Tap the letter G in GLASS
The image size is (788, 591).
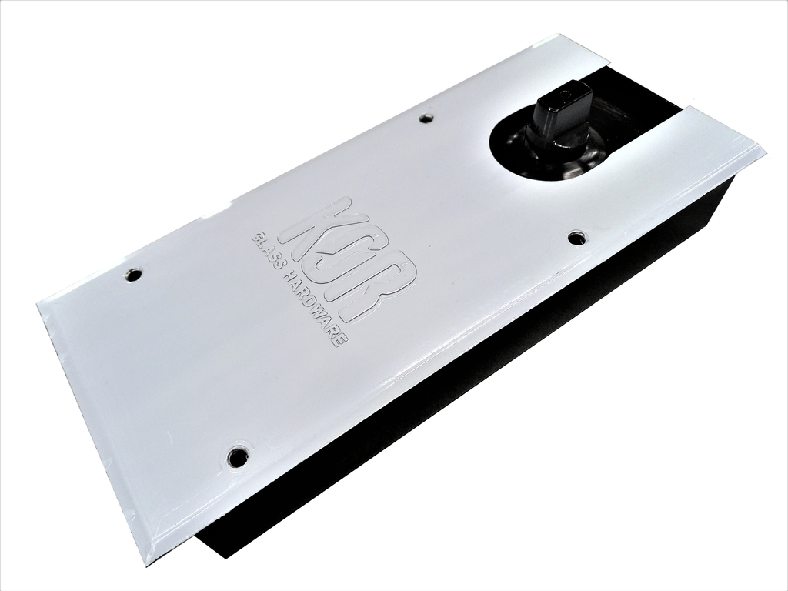coord(257,238)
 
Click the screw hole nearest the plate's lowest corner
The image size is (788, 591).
coord(238,457)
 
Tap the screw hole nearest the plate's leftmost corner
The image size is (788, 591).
coord(134,274)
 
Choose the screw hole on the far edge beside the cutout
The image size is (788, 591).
coord(426,118)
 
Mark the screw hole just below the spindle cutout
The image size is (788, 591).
coord(576,238)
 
